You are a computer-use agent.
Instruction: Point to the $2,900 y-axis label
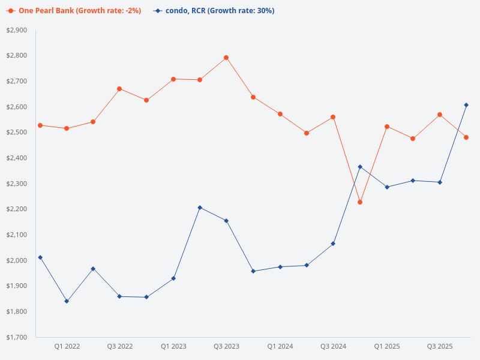click(16, 30)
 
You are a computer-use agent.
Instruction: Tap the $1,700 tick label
click(16, 337)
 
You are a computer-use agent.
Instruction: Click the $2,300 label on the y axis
click(16, 184)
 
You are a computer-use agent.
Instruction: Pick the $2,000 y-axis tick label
click(16, 260)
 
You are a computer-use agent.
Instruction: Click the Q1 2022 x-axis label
click(67, 347)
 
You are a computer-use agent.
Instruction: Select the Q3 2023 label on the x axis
click(226, 347)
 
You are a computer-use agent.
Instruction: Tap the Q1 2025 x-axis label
click(386, 347)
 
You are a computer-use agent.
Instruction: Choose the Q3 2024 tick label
click(333, 347)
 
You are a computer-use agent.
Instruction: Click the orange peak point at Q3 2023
click(226, 58)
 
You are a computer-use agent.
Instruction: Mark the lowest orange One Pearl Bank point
click(360, 202)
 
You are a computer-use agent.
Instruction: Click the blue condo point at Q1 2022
click(67, 301)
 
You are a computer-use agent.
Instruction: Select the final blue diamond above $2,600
click(466, 105)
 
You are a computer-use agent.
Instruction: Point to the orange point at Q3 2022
click(119, 89)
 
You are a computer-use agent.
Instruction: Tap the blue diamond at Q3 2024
click(333, 244)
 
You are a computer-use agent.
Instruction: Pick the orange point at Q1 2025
click(386, 127)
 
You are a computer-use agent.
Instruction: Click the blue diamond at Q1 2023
click(173, 278)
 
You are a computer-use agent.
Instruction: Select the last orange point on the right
click(466, 137)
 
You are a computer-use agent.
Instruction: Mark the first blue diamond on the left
click(40, 257)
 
